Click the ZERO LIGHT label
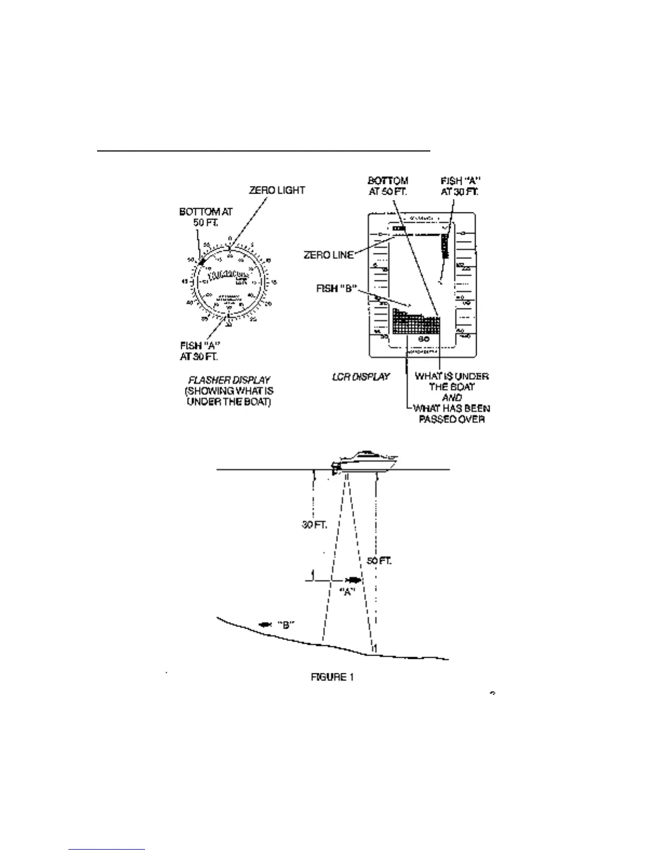(x=277, y=190)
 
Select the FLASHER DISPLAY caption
(x=229, y=380)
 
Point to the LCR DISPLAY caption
(x=360, y=376)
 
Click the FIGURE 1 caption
(x=332, y=677)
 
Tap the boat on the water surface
(x=366, y=462)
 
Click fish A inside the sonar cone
(x=353, y=581)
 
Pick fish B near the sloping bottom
(x=265, y=624)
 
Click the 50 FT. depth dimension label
(x=379, y=561)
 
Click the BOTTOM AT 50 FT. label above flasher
(x=205, y=217)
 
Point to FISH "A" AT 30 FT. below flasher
(x=199, y=351)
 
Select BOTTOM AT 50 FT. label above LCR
(x=388, y=185)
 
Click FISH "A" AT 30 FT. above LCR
(x=459, y=186)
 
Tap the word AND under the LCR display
(x=451, y=397)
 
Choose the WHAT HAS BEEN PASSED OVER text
(x=451, y=414)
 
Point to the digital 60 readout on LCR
(x=423, y=339)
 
